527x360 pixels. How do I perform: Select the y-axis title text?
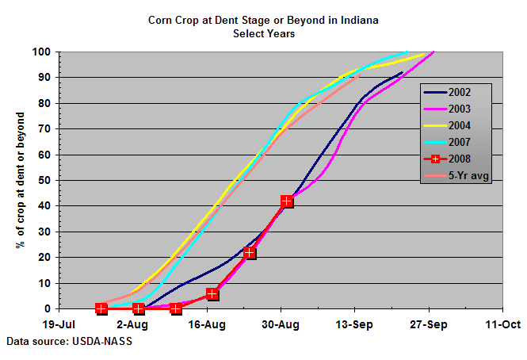coord(20,180)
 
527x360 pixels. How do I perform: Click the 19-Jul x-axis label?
coord(59,324)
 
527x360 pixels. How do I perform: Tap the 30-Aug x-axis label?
coord(281,324)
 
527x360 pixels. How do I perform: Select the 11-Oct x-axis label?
coord(502,324)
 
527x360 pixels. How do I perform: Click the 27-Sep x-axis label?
coord(429,324)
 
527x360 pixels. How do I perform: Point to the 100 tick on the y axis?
coord(42,52)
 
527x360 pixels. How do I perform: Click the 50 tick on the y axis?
coord(45,181)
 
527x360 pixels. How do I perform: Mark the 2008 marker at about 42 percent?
coord(286,201)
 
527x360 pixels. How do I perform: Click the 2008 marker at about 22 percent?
coord(250,253)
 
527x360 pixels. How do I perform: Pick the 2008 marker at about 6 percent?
coord(212,294)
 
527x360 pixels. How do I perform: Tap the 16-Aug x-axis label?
coord(207,324)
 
